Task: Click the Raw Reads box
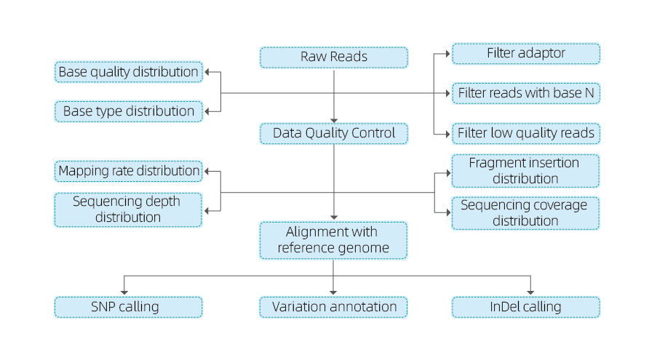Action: (333, 57)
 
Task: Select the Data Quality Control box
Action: (333, 134)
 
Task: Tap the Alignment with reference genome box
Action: (333, 240)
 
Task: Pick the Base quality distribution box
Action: (129, 72)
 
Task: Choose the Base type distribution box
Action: (129, 111)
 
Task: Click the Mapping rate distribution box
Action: (129, 171)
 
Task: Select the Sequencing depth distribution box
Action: (128, 209)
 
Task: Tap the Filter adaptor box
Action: (526, 54)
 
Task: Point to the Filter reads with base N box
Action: (526, 93)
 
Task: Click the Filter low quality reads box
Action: (526, 134)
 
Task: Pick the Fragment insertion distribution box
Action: (525, 171)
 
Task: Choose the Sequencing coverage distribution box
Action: (525, 213)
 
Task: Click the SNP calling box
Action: (128, 307)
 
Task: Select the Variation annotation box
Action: (333, 307)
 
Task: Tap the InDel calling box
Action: (526, 307)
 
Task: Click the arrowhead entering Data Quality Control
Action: (334, 121)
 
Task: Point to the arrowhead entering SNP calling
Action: (124, 292)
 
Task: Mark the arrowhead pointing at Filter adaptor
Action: (448, 54)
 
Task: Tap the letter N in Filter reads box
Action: (589, 93)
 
